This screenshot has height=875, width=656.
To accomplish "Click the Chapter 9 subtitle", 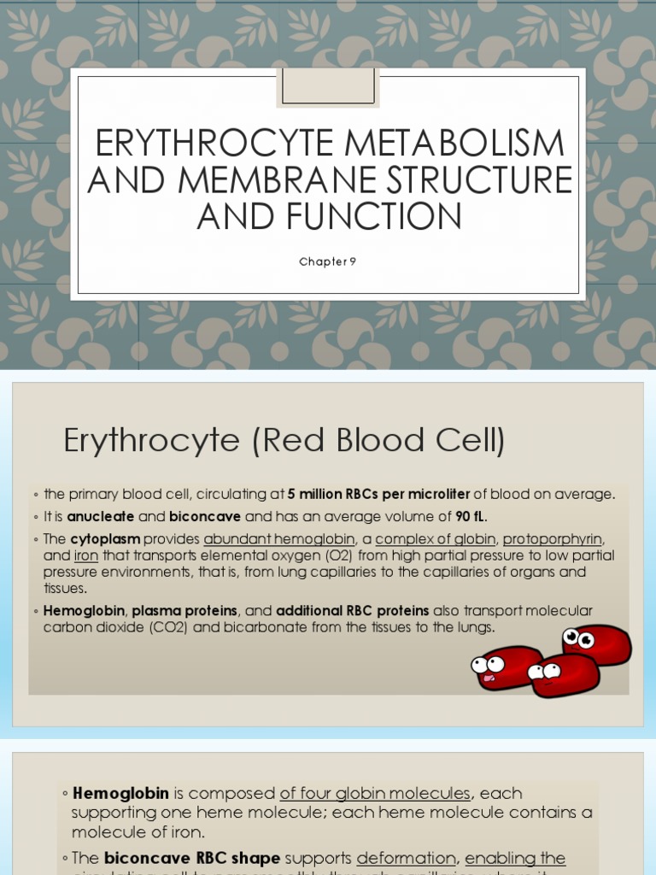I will tap(327, 262).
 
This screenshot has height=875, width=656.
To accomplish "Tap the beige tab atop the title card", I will tap(327, 87).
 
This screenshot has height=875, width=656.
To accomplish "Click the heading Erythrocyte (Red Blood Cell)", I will tap(284, 441).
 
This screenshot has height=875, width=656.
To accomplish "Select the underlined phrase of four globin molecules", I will tap(374, 793).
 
